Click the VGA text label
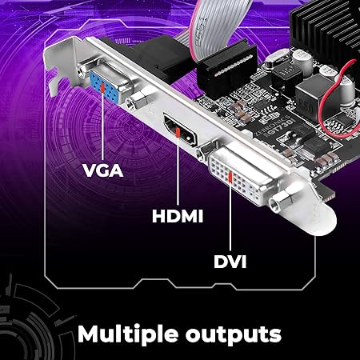click(103, 170)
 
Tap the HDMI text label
click(178, 216)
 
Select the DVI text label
click(230, 262)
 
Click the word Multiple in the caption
click(128, 334)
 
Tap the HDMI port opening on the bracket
click(181, 130)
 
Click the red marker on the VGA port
click(102, 87)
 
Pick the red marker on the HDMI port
click(178, 132)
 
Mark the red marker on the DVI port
click(230, 178)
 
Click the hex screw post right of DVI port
click(281, 202)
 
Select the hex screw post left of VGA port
click(82, 71)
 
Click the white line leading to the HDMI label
click(178, 171)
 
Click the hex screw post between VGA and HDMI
click(137, 101)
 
